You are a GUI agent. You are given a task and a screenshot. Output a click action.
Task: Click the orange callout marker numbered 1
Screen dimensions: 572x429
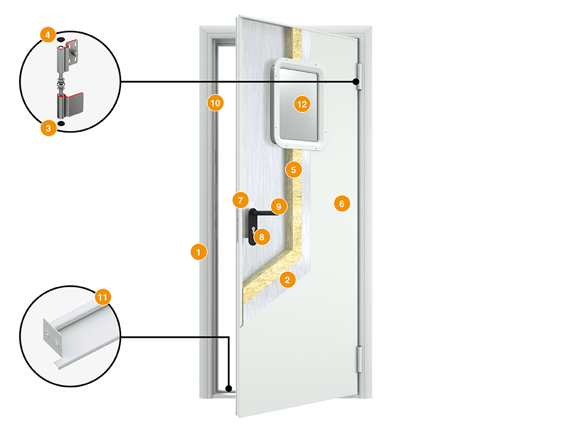click(199, 252)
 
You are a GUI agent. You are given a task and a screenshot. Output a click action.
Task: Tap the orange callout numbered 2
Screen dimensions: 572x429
click(288, 280)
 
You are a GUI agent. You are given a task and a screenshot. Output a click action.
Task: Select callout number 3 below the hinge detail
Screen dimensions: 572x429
click(48, 128)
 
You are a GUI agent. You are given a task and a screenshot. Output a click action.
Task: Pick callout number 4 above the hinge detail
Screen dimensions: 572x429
click(48, 35)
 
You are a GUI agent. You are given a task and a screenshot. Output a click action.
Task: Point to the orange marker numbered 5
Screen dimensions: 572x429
click(294, 170)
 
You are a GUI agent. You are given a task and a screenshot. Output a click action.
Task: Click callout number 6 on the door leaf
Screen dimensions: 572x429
click(342, 203)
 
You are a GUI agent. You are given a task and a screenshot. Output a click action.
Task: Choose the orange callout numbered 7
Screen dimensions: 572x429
click(240, 201)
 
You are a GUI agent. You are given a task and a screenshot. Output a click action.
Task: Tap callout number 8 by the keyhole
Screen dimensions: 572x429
click(261, 237)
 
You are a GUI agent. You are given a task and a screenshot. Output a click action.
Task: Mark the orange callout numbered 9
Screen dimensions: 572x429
click(279, 207)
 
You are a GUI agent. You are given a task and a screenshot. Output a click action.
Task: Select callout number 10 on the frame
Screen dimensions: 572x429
click(215, 103)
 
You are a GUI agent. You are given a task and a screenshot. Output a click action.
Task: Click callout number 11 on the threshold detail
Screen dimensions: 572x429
click(103, 297)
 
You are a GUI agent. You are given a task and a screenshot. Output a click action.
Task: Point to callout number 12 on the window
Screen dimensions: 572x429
click(302, 104)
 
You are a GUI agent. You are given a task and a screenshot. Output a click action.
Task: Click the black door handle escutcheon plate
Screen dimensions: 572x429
click(252, 227)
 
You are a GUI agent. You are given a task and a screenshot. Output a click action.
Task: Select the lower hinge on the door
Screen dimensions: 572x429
click(359, 359)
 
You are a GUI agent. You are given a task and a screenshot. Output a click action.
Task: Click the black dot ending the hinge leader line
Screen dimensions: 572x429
click(356, 82)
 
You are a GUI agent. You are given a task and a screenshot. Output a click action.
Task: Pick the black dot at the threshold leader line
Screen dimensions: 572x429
click(228, 389)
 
